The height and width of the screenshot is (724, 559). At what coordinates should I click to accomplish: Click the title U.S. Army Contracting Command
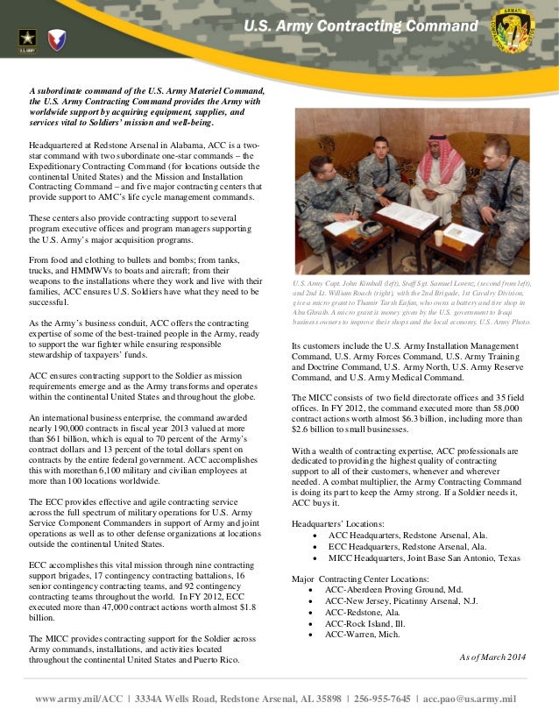pos(361,26)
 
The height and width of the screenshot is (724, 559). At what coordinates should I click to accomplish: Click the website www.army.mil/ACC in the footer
pos(79,699)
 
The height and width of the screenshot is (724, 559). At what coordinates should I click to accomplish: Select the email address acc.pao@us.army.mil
pos(470,699)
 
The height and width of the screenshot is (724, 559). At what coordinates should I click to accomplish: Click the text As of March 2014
pos(493,657)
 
